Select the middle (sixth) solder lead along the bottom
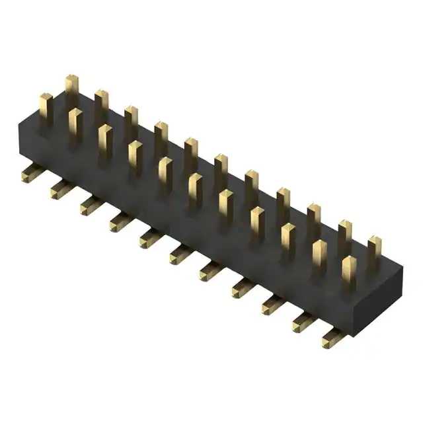(180, 253)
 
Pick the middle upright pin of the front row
(195, 190)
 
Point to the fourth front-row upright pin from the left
(135, 157)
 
